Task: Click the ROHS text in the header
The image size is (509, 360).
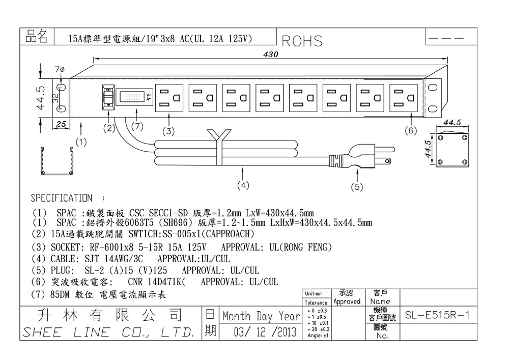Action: [302, 41]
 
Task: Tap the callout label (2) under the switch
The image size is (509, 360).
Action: [109, 128]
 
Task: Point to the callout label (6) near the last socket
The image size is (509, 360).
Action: [411, 130]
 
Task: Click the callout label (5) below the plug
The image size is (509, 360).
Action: [357, 187]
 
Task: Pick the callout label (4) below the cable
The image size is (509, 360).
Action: [243, 185]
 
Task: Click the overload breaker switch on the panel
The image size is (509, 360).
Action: [107, 97]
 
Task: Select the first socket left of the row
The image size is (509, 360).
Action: [169, 97]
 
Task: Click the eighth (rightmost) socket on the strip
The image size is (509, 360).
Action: [404, 97]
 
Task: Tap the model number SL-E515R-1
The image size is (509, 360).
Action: [437, 316]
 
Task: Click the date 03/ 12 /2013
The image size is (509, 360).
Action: [265, 333]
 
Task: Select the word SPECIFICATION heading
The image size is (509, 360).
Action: [62, 198]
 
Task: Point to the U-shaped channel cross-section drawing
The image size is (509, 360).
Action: [56, 162]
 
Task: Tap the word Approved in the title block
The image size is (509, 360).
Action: [347, 301]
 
